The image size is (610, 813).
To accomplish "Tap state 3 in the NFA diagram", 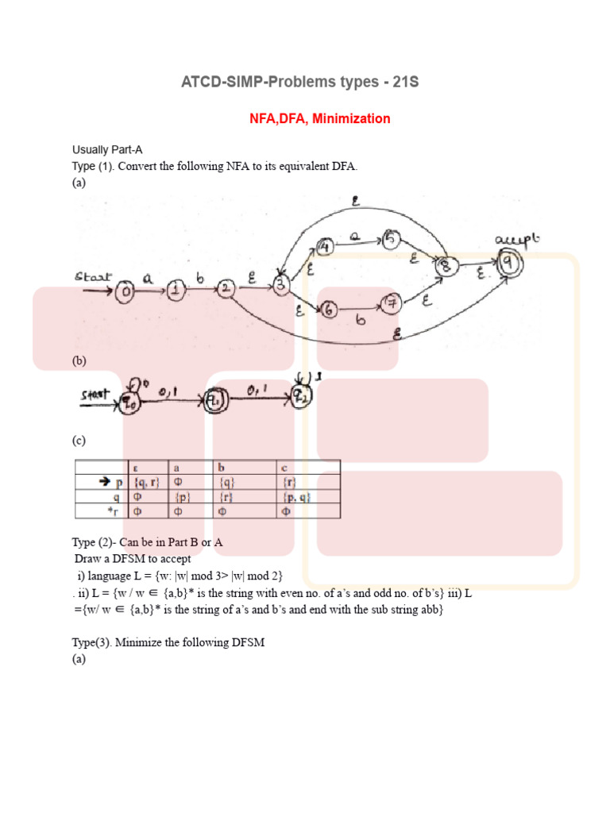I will (280, 284).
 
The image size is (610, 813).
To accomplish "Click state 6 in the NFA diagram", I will (329, 310).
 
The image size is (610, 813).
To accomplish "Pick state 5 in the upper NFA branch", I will (390, 237).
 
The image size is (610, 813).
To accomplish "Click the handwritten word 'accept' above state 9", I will (517, 240).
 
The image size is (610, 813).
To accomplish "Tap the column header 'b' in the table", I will (222, 467).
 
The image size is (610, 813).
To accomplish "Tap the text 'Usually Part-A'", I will (107, 149).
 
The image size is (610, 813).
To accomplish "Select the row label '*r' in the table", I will (117, 511).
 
